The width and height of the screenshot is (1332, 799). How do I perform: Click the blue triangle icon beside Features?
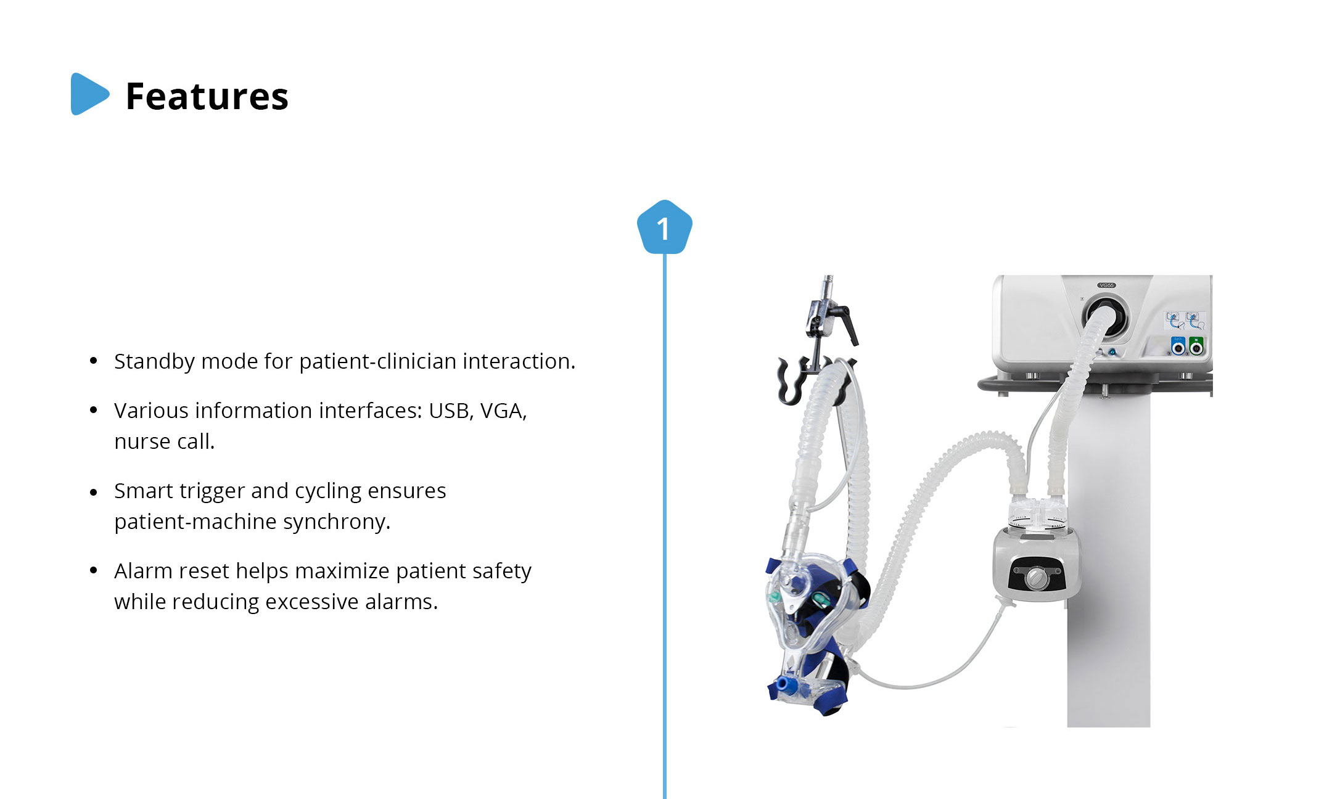(x=89, y=94)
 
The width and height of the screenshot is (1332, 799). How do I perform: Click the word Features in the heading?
(x=207, y=97)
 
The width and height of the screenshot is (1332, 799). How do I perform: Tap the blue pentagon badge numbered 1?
(x=664, y=227)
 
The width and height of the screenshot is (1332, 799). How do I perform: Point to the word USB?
(x=449, y=411)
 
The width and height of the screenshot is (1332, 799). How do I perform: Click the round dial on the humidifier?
(x=1035, y=578)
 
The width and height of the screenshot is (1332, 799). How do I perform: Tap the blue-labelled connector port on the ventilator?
(x=1178, y=346)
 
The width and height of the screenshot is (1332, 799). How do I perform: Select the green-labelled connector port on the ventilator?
(x=1196, y=346)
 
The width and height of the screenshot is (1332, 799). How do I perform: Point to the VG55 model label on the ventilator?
(x=1106, y=285)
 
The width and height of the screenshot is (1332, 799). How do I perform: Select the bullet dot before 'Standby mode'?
(x=94, y=361)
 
